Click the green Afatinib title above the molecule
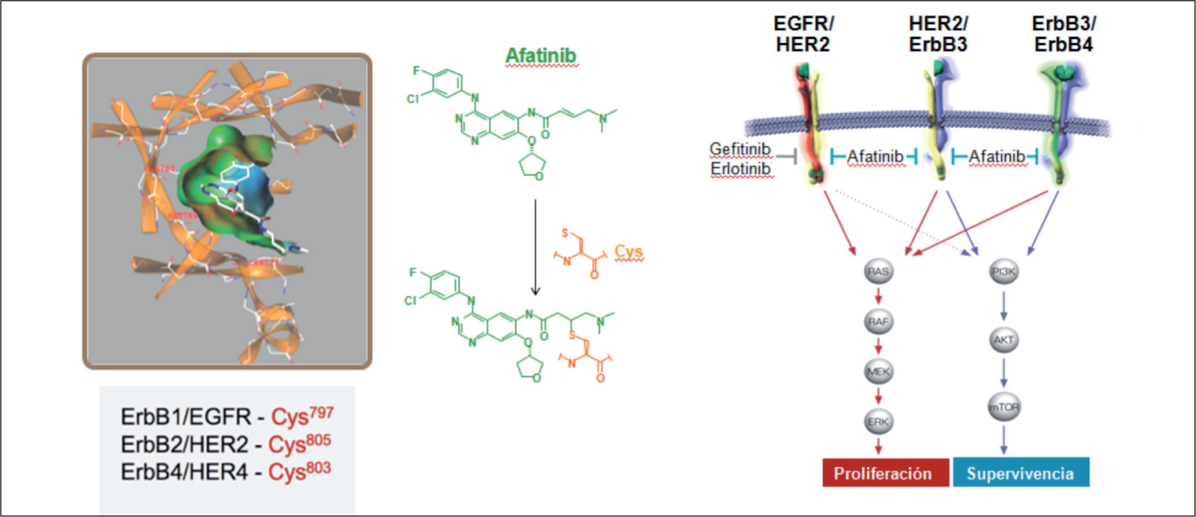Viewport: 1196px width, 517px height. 541,56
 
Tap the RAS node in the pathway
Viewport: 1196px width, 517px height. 878,272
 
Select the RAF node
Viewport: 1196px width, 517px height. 878,322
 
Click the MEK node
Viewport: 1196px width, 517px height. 878,371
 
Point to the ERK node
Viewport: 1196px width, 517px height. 878,422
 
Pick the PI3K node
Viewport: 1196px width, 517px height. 1003,272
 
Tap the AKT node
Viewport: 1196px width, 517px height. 1003,340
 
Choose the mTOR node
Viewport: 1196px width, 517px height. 1003,407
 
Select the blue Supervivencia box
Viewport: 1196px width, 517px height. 1021,473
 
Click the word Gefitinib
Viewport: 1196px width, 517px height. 740,149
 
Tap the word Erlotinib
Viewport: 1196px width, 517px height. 741,169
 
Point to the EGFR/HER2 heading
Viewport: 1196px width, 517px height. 803,34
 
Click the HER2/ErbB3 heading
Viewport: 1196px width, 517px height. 938,34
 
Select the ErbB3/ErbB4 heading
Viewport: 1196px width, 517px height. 1064,34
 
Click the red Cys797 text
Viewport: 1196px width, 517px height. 302,416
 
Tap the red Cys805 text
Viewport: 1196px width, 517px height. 299,443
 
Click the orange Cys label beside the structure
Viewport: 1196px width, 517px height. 628,252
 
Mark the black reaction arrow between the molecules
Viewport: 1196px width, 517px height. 535,247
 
